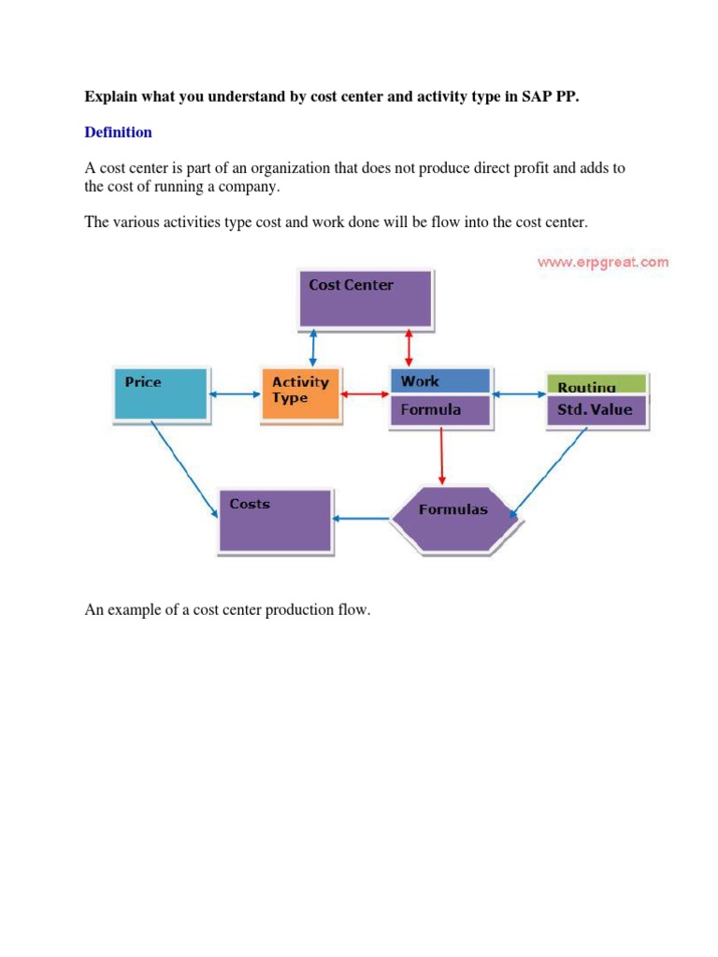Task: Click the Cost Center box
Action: (x=366, y=298)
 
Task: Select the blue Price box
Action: (x=159, y=393)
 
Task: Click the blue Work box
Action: (x=439, y=381)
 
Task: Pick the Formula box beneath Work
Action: (x=439, y=410)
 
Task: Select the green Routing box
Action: (x=596, y=385)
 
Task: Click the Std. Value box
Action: (x=596, y=410)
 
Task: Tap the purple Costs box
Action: (x=275, y=520)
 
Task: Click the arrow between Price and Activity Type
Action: (x=233, y=394)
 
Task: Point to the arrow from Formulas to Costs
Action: (x=362, y=518)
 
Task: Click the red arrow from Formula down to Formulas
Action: (x=441, y=459)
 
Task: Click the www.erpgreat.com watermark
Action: (x=603, y=262)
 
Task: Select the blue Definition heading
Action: (x=118, y=132)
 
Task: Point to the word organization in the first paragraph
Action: (x=287, y=168)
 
